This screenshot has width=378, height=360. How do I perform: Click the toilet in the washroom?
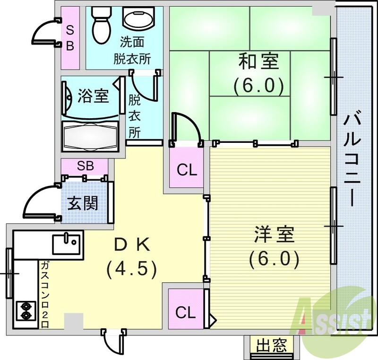click(99, 24)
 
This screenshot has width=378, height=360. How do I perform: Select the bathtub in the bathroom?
click(90, 134)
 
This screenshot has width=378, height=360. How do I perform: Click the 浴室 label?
click(93, 96)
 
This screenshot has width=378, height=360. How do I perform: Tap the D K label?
click(132, 245)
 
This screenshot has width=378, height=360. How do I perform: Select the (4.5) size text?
click(131, 269)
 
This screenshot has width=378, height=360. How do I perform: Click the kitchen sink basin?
click(66, 245)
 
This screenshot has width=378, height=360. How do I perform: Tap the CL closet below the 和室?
click(187, 169)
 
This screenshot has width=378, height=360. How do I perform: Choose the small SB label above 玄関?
click(86, 167)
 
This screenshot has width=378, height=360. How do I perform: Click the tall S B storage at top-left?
click(69, 38)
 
